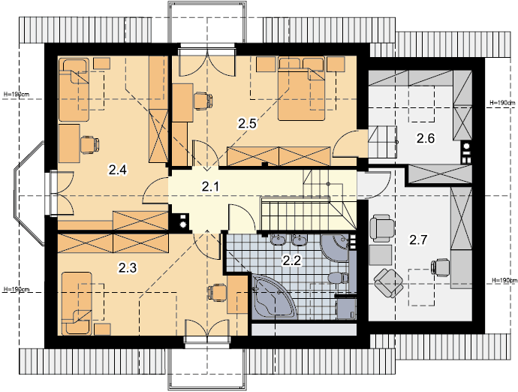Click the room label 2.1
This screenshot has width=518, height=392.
tap(210, 187)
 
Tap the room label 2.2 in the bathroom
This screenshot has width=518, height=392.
tap(292, 261)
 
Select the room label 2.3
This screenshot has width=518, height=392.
tap(128, 268)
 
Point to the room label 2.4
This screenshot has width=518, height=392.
tap(118, 170)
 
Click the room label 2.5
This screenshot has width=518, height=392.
tap(247, 124)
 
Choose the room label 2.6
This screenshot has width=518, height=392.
tap(426, 138)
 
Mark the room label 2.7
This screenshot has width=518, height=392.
tap(419, 240)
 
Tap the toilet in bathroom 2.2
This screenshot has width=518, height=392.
tap(339, 278)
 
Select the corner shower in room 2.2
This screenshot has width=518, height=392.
tap(335, 249)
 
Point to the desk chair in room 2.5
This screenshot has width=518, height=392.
tap(203, 101)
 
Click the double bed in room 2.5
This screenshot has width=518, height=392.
tap(301, 89)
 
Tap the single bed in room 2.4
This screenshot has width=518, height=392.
tap(74, 90)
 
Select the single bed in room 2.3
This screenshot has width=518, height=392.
tap(77, 303)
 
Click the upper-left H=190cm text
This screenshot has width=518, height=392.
tap(17, 95)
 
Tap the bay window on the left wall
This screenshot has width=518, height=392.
tap(29, 193)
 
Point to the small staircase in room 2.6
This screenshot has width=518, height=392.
tap(382, 142)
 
